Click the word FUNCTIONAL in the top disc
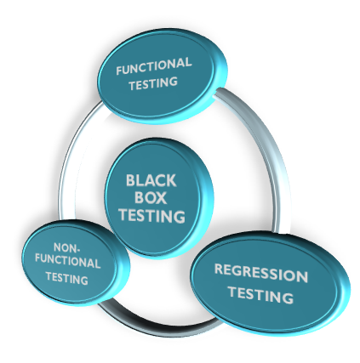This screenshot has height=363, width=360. [154, 66]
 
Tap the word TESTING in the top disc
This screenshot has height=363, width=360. [153, 83]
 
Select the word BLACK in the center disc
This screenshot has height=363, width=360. [151, 180]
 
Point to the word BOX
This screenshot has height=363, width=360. [151, 197]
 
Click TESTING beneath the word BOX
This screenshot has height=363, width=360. [152, 215]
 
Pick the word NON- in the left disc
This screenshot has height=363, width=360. [66, 248]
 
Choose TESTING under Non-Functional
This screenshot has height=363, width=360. [67, 278]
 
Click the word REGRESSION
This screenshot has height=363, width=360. [261, 273]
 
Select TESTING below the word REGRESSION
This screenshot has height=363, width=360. [261, 295]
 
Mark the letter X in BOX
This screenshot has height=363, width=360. [161, 198]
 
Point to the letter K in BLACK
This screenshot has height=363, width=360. [171, 181]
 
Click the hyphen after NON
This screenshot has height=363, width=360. [77, 250]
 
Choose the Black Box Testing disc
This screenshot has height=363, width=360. [159, 198]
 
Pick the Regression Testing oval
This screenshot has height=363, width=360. [270, 283]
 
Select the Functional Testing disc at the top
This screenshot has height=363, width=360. [163, 76]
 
